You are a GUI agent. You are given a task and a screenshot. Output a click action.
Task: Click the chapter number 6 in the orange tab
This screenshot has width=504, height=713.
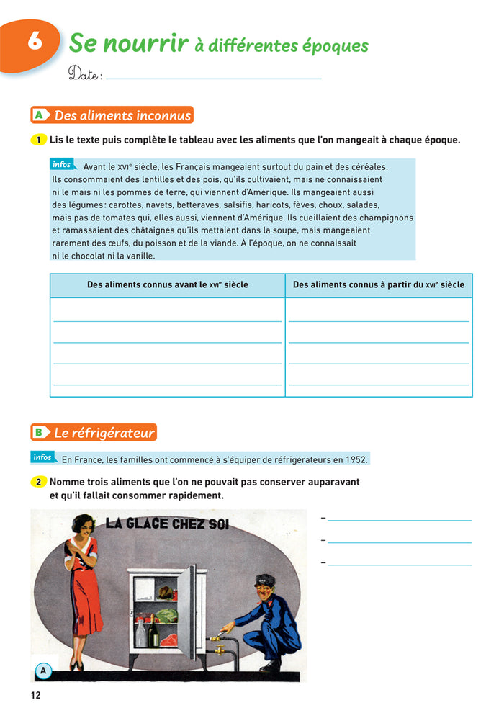[34, 42]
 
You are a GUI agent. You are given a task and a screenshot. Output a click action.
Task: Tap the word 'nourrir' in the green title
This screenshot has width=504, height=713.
[148, 44]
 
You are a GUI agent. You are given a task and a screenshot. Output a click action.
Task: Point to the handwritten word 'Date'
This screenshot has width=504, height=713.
[84, 73]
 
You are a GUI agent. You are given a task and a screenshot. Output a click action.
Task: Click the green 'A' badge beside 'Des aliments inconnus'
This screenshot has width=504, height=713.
[40, 115]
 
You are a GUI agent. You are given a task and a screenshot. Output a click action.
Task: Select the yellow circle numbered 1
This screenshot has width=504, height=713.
[38, 140]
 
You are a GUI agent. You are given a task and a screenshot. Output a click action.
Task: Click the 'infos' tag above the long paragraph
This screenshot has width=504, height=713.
[63, 165]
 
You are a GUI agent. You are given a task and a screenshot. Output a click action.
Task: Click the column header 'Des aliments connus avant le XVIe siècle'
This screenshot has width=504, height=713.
[167, 285]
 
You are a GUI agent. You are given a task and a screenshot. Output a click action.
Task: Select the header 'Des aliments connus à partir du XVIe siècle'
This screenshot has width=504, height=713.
[379, 285]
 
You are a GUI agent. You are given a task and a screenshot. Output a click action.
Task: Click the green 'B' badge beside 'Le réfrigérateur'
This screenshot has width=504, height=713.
[40, 433]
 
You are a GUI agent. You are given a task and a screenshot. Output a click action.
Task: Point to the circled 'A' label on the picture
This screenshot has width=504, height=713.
[43, 671]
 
